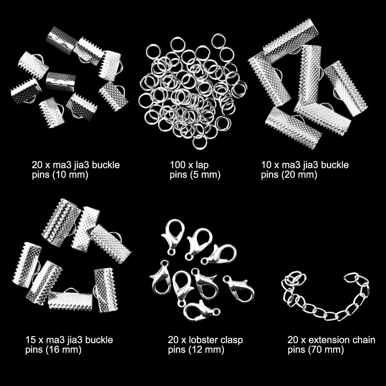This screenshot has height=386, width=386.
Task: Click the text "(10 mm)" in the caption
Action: click(70, 175)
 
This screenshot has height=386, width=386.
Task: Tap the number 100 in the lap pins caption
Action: click(178, 165)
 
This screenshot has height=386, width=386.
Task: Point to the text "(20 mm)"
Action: click(299, 175)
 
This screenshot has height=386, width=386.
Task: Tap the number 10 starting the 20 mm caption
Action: click(266, 165)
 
